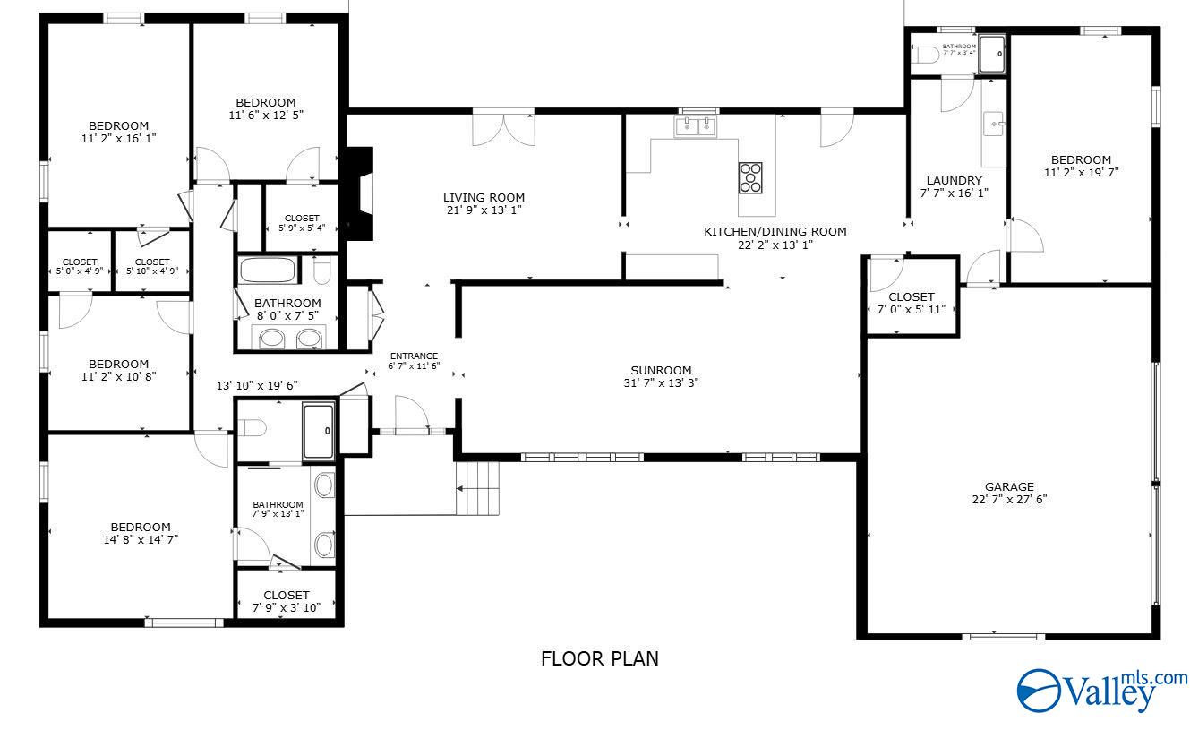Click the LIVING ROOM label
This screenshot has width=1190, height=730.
tap(484, 198)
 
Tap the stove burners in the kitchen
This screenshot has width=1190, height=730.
tap(750, 177)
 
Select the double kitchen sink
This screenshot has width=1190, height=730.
tap(697, 126)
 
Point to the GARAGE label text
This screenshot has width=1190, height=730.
tap(1010, 487)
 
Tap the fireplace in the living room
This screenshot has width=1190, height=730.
tap(362, 193)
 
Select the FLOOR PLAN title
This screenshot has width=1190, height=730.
tap(600, 659)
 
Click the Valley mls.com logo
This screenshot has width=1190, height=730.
tap(1101, 691)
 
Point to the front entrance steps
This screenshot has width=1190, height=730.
tap(478, 488)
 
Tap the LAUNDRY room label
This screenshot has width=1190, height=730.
tap(954, 180)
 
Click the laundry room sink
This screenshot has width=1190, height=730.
tap(994, 124)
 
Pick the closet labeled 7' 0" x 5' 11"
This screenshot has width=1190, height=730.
tap(912, 303)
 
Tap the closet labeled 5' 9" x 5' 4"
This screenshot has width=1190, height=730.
tap(302, 223)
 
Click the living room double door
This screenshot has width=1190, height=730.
tap(504, 127)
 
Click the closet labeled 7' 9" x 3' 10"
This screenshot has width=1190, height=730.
tap(287, 601)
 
